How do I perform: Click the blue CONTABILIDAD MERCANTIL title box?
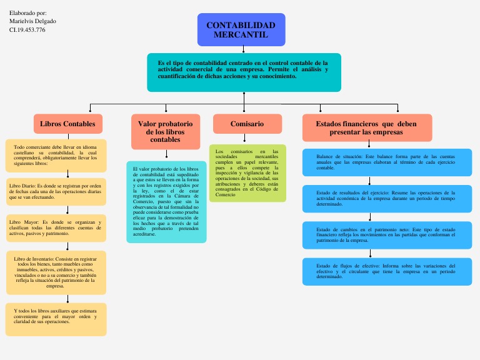(241, 30)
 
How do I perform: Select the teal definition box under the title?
(244, 72)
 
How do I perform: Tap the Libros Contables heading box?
(67, 124)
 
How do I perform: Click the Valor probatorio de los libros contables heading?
(166, 131)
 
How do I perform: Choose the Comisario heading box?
(247, 124)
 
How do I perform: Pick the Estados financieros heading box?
(366, 128)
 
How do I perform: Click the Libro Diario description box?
(56, 191)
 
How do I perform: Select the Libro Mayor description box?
(56, 227)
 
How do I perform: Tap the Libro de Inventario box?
(56, 272)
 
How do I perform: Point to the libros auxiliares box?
(56, 319)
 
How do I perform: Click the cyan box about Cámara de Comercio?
(166, 202)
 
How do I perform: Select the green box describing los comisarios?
(247, 173)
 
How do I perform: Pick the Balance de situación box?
(387, 162)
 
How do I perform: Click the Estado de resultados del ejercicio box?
(387, 198)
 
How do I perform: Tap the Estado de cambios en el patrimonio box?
(387, 234)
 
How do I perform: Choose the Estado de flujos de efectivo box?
(387, 271)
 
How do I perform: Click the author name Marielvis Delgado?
(32, 21)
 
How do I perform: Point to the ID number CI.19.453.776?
(27, 29)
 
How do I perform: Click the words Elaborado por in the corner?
(27, 12)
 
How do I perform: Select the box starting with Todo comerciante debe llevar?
(56, 156)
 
